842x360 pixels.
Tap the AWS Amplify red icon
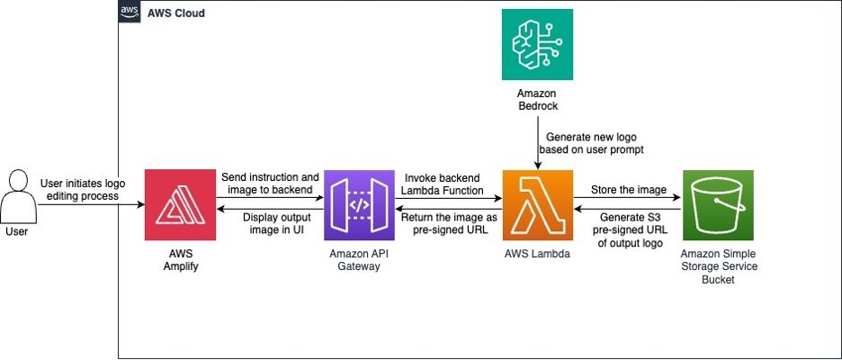coord(180,206)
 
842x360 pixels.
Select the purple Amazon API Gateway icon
coord(359,206)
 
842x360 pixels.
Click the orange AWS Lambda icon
coord(538,206)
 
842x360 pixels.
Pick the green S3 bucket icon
coord(718,206)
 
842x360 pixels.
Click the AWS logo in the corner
coord(130,13)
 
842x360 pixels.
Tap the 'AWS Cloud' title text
coord(175,14)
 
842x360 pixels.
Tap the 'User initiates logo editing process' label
coord(83,189)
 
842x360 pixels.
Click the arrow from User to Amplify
coord(90,206)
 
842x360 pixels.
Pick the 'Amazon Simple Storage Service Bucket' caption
coord(719,268)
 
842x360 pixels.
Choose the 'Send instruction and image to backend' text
coord(270,184)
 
